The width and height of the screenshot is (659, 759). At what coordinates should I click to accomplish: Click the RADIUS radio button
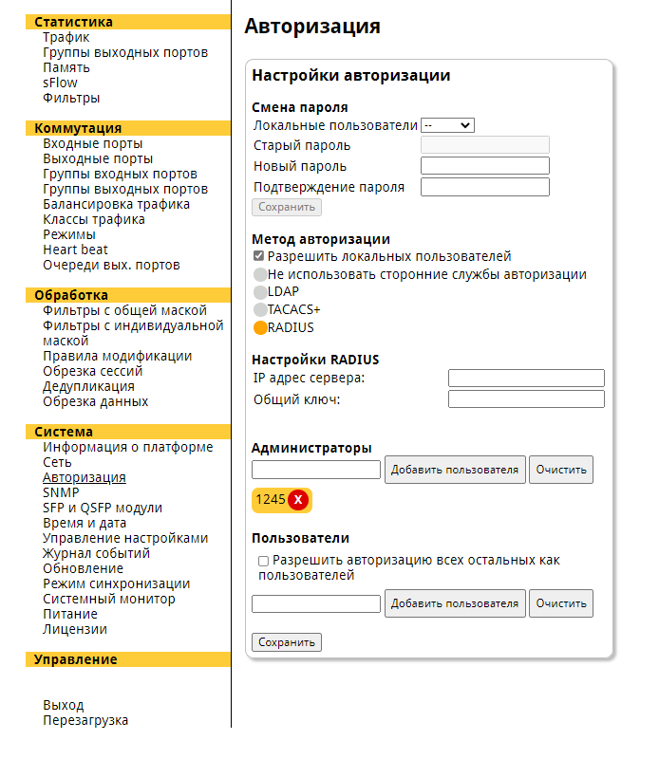tap(260, 328)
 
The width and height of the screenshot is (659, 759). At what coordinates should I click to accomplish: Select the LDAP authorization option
tap(260, 292)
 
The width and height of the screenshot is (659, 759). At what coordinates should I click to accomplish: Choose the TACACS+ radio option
tap(260, 309)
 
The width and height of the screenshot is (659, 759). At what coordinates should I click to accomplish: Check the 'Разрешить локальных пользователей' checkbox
tap(258, 256)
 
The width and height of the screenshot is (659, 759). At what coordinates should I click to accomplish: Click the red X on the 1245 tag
tap(298, 500)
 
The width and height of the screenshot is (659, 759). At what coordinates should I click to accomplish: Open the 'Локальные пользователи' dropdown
tap(447, 125)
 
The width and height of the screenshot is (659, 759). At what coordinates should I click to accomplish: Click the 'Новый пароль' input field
tap(484, 166)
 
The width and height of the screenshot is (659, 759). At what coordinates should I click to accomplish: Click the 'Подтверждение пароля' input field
tap(484, 187)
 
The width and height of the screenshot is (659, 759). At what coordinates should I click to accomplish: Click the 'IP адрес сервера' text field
tap(526, 379)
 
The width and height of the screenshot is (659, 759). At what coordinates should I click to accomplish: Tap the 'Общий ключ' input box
tap(526, 399)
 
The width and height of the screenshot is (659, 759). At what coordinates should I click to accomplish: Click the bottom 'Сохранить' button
tap(287, 642)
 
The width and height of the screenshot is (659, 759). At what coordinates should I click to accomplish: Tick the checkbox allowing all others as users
tap(264, 562)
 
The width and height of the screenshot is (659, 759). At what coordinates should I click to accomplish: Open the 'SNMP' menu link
tap(61, 492)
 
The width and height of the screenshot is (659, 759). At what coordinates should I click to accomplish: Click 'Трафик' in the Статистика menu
tap(66, 37)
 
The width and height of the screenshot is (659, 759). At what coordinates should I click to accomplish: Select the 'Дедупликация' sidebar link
tap(88, 386)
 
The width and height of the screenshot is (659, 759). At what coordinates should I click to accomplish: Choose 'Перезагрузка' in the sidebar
tap(85, 720)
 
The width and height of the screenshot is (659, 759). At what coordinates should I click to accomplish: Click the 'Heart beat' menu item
tap(75, 250)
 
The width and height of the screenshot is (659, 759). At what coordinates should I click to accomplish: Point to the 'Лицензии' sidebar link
tap(75, 629)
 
